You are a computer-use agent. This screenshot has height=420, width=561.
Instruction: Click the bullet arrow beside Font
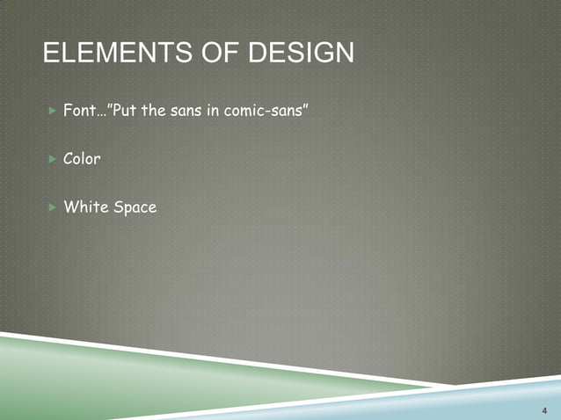(50, 112)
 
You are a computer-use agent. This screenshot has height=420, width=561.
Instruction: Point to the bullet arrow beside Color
(50, 160)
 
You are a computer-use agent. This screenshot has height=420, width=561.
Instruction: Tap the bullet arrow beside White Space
(50, 207)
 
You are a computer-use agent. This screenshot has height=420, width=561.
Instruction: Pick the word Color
(82, 160)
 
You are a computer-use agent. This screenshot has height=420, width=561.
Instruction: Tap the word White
(85, 207)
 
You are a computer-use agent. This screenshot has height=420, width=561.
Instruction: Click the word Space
(135, 208)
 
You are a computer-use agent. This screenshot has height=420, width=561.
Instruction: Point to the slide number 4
(544, 409)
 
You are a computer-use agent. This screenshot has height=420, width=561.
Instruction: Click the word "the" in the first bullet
(161, 112)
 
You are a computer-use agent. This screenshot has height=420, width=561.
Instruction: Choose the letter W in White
(70, 207)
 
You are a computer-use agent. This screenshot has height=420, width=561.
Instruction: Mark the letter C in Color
(69, 160)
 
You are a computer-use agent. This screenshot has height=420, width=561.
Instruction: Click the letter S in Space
(118, 207)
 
